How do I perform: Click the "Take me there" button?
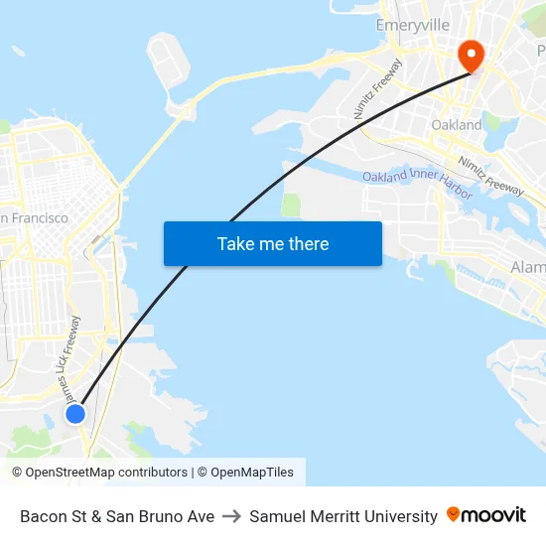pyautogui.click(x=273, y=243)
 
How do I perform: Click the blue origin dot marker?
pyautogui.click(x=75, y=413)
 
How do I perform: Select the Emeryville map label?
pyautogui.click(x=413, y=25)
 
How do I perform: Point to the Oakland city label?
pyautogui.click(x=457, y=125)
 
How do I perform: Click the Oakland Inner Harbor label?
pyautogui.click(x=417, y=183)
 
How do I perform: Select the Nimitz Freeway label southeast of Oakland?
pyautogui.click(x=490, y=176)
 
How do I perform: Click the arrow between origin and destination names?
pyautogui.click(x=231, y=516)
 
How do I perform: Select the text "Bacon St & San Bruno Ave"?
pyautogui.click(x=117, y=516)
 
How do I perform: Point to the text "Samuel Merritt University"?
pyautogui.click(x=343, y=516)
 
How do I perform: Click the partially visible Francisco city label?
pyautogui.click(x=35, y=217)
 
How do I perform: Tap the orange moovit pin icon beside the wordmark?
pyautogui.click(x=454, y=514)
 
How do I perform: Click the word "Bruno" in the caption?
pyautogui.click(x=161, y=516)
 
